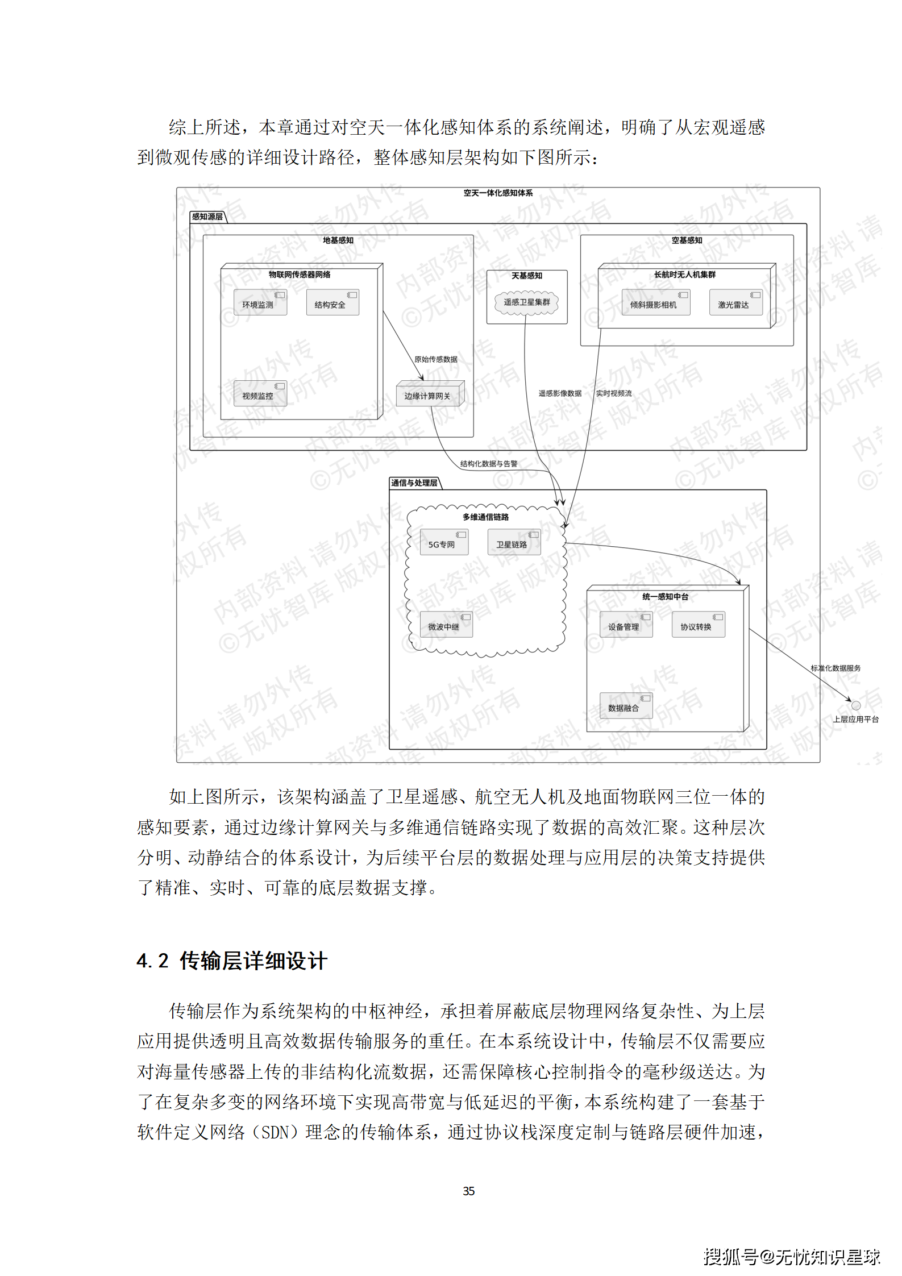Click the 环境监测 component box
click(x=260, y=303)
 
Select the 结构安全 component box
click(x=332, y=303)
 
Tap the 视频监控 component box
click(x=260, y=394)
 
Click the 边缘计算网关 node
click(x=429, y=394)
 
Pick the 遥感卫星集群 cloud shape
click(x=526, y=302)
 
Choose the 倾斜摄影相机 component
click(x=655, y=303)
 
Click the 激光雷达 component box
click(x=735, y=303)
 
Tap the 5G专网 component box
click(x=443, y=543)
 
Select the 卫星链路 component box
click(x=513, y=543)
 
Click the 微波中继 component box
click(x=445, y=625)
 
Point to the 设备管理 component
click(x=625, y=625)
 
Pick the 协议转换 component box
click(x=697, y=625)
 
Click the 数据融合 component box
click(x=625, y=706)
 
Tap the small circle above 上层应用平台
click(x=855, y=706)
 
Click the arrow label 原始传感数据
click(x=435, y=359)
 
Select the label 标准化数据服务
click(x=835, y=668)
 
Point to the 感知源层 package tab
click(x=207, y=217)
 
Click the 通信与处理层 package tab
click(x=414, y=483)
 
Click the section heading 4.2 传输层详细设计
click(x=232, y=961)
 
